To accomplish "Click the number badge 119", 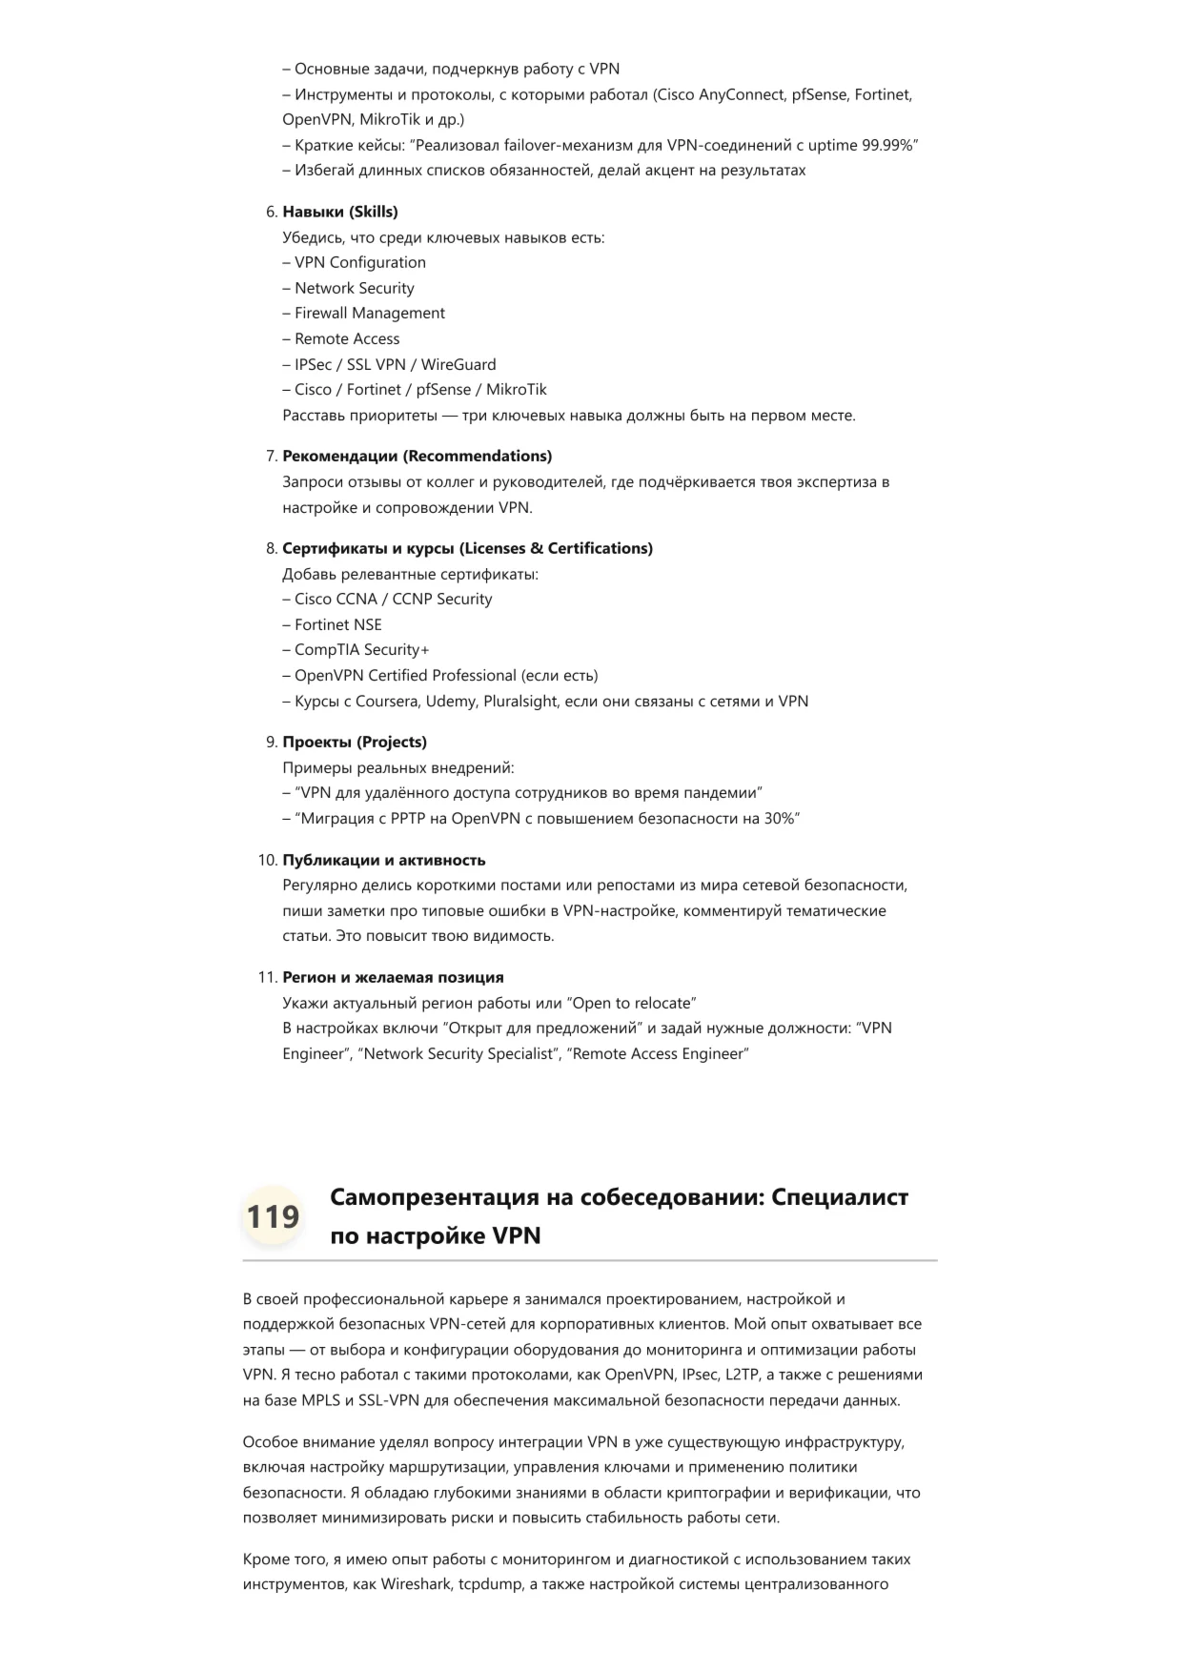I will click(273, 1217).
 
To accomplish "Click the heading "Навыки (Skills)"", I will click(340, 212).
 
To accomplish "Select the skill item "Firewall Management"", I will click(369, 313).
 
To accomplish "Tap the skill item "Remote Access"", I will click(347, 338).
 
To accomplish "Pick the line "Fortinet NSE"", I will click(337, 624).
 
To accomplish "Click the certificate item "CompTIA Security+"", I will click(361, 650).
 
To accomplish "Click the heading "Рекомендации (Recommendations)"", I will click(417, 456).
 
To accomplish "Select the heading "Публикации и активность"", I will click(383, 860).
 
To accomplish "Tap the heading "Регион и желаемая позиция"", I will click(393, 977).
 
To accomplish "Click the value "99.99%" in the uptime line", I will click(886, 145).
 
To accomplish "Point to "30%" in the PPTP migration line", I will click(779, 819).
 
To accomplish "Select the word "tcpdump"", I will click(490, 1585).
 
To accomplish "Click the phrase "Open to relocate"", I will click(631, 1003).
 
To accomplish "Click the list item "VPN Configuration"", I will click(359, 262).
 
